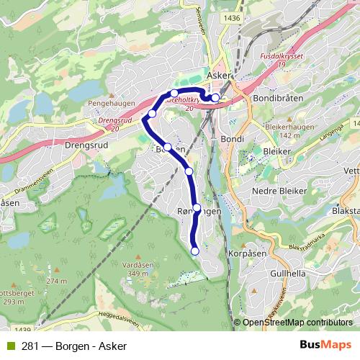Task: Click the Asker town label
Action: [220, 74]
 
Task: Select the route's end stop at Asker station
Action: [215, 97]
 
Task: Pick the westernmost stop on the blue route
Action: [151, 114]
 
